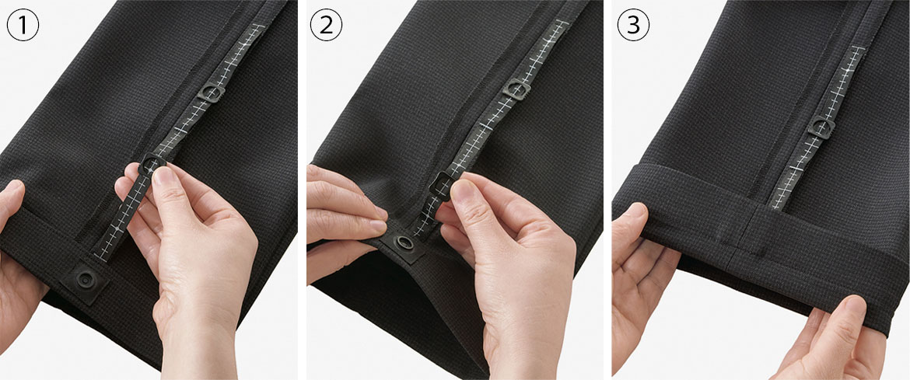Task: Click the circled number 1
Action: point(23,26)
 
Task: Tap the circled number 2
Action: point(326,26)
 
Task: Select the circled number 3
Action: point(633,26)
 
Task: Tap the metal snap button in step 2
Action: point(405,242)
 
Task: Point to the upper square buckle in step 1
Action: point(212,92)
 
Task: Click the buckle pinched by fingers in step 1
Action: point(152,164)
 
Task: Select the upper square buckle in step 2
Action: point(516,89)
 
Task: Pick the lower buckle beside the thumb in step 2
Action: point(441,186)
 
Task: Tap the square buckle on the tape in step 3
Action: point(821,127)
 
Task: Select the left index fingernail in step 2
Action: point(379,211)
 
